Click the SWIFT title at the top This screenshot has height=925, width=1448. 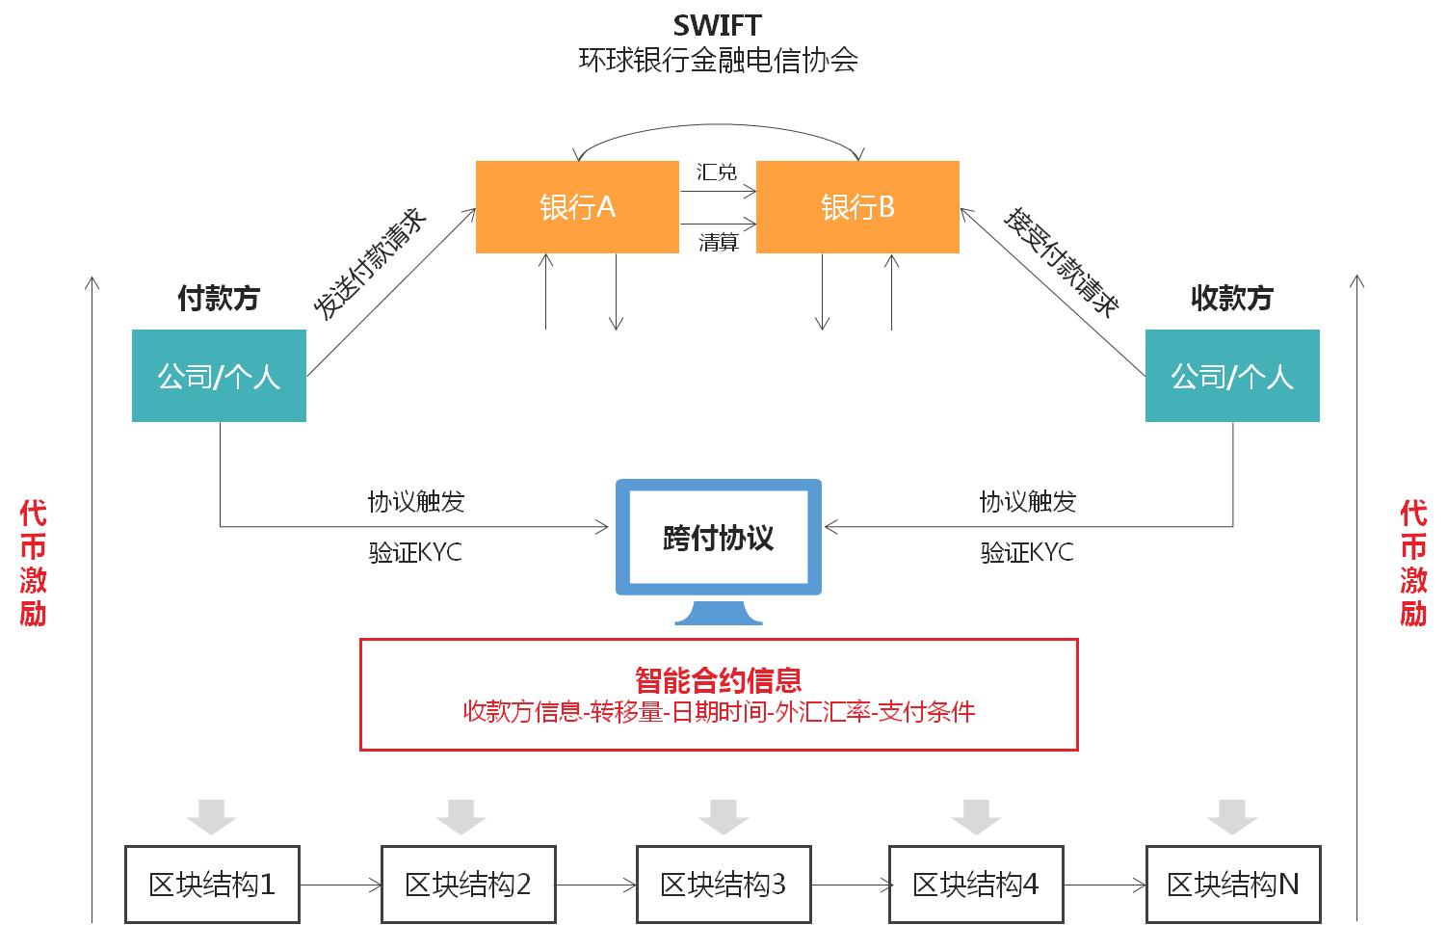coord(718,26)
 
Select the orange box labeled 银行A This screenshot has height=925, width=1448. coord(577,207)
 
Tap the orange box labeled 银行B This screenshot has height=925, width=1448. coord(857,207)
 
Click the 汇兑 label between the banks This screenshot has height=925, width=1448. coord(717,172)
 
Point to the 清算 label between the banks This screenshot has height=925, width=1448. coord(719,243)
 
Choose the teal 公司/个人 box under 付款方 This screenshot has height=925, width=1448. coord(219,376)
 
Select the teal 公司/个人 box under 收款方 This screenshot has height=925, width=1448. coord(1232,376)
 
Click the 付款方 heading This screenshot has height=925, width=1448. coord(219,299)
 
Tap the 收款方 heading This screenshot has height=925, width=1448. coord(1232,299)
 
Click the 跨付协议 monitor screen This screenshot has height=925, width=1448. coord(719,538)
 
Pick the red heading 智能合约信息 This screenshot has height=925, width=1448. coord(719,680)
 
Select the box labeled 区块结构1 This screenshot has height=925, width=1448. coord(212,885)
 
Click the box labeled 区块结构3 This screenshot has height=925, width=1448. coord(724,885)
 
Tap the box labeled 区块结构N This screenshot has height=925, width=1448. coord(1233,885)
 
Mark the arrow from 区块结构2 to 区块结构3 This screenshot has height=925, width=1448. coord(596,885)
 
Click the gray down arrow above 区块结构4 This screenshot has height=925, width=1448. coord(976,816)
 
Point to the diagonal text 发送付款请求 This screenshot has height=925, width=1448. coord(370,263)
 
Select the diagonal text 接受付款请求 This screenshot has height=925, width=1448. coord(1061,262)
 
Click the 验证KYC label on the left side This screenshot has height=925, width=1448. coord(415,553)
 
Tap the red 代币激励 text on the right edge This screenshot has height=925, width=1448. coord(1413,564)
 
